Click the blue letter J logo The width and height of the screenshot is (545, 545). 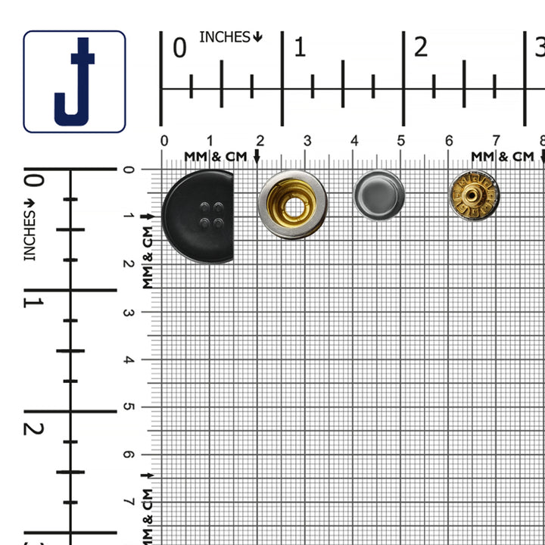coord(74,82)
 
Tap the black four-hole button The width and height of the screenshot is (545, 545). coord(198,216)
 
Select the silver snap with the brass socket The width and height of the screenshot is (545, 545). coord(292,204)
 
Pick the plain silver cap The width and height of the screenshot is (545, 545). coord(378,195)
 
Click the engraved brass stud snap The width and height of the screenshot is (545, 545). coord(474,195)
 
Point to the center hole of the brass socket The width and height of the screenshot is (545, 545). coord(292,205)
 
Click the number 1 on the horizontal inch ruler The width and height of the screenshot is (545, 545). coord(300,48)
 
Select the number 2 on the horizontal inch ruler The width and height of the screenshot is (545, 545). coord(420,48)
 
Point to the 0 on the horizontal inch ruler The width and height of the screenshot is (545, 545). coord(179,48)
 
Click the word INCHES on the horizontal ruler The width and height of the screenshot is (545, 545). coord(225,36)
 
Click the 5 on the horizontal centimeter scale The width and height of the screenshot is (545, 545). coord(401,141)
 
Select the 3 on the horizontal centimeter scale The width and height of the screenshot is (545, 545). coord(307,141)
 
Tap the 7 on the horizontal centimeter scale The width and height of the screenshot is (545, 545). coord(496,141)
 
